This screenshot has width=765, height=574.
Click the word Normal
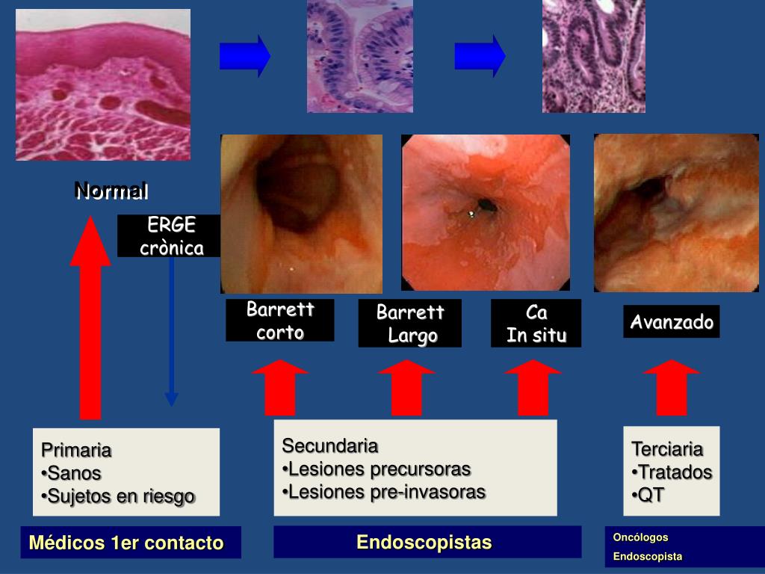(x=111, y=191)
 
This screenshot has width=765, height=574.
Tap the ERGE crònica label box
(x=171, y=236)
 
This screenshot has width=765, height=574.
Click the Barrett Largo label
(x=410, y=324)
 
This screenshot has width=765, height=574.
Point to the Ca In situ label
(x=536, y=324)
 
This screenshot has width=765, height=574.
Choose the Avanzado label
(x=672, y=322)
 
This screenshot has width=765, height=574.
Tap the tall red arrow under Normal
(x=90, y=321)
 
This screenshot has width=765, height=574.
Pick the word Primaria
(x=76, y=451)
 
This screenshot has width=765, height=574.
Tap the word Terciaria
(x=667, y=449)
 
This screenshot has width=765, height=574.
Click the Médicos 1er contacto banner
(x=126, y=543)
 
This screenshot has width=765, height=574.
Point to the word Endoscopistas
(x=424, y=542)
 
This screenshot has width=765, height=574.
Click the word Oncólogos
(x=640, y=537)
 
